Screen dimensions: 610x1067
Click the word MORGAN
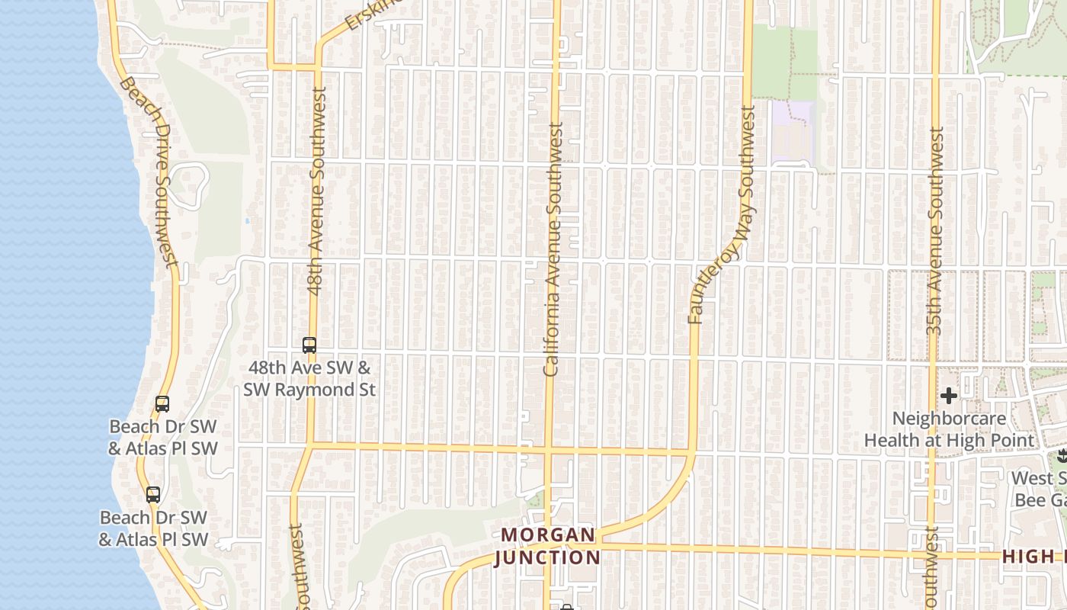click(548, 535)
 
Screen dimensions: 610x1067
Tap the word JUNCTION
click(548, 557)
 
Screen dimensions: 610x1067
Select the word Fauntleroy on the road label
click(710, 281)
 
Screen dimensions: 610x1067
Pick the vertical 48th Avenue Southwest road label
click(316, 190)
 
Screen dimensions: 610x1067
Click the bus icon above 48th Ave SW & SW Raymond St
click(309, 345)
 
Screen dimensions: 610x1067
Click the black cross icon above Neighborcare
click(949, 396)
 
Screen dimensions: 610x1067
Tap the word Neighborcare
click(949, 419)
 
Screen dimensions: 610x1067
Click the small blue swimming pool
click(247, 220)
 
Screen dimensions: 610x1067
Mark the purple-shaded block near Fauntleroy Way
click(793, 133)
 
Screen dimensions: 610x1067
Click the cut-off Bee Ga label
click(1040, 499)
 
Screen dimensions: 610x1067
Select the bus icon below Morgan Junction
click(566, 607)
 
